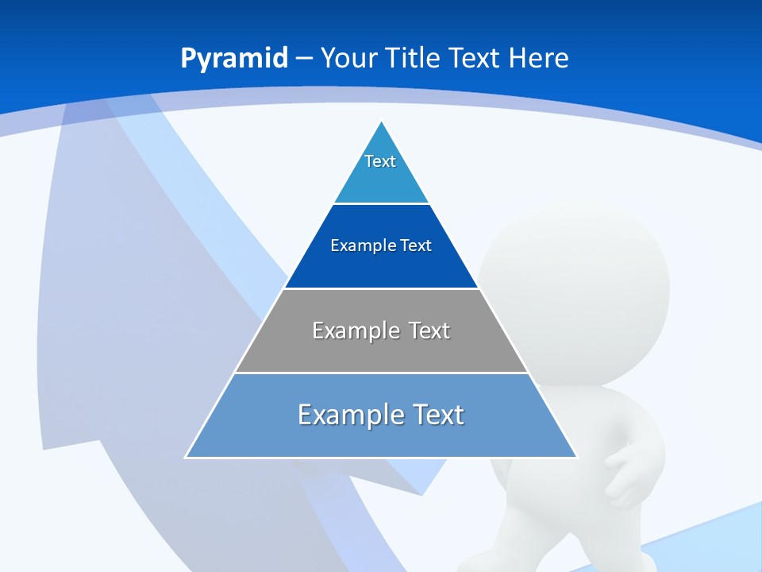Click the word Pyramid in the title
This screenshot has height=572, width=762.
pyautogui.click(x=234, y=59)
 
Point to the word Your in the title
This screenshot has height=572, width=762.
pyautogui.click(x=348, y=58)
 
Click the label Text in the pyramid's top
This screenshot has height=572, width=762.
pyautogui.click(x=380, y=161)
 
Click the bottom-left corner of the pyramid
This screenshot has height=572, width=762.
pyautogui.click(x=186, y=458)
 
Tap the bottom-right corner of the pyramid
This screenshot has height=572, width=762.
pyautogui.click(x=577, y=458)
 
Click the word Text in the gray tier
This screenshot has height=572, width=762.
pyautogui.click(x=429, y=330)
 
